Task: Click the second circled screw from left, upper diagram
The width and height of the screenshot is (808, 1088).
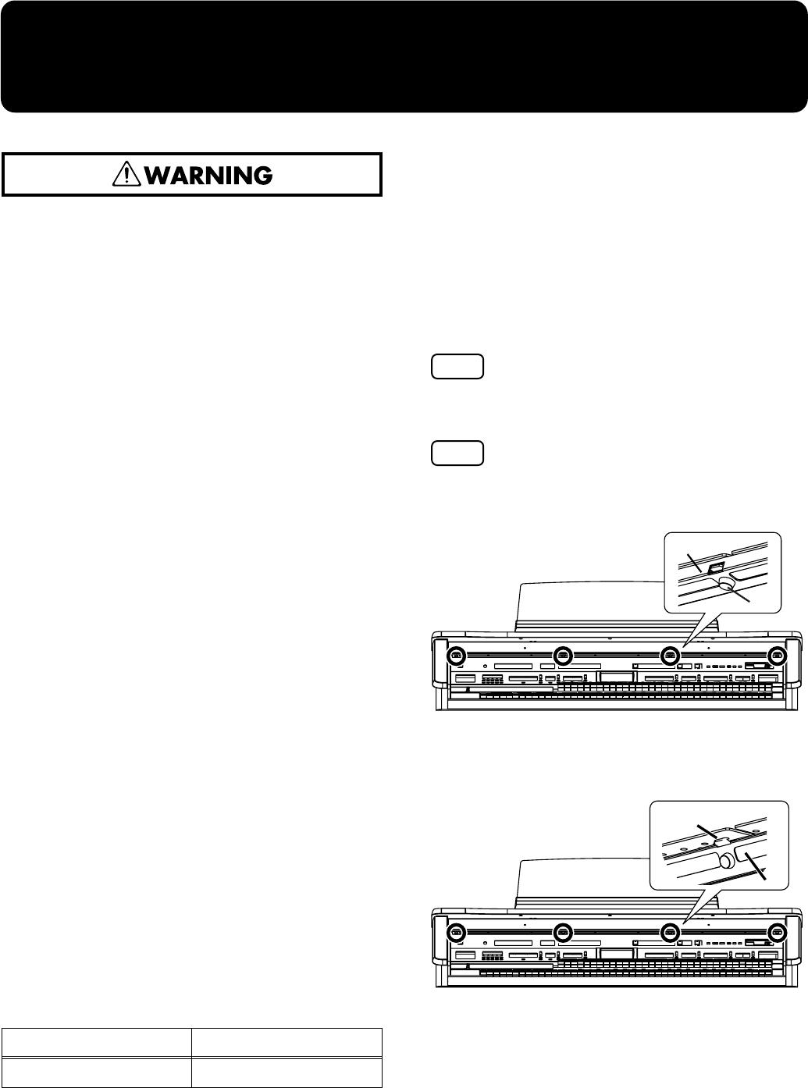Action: pyautogui.click(x=561, y=635)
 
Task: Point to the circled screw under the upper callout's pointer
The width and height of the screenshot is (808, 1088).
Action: pyautogui.click(x=669, y=635)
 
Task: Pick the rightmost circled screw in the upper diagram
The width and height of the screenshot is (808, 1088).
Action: pyautogui.click(x=776, y=635)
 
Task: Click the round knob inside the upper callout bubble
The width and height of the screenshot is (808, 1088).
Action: pyautogui.click(x=729, y=582)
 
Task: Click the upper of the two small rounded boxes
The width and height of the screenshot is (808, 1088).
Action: pyautogui.click(x=457, y=367)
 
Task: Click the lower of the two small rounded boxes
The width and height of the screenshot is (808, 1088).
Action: pyautogui.click(x=457, y=453)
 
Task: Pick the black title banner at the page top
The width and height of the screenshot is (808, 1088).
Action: pyautogui.click(x=404, y=56)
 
